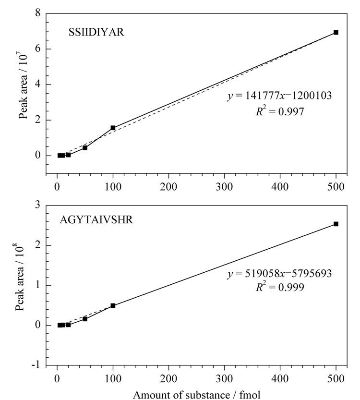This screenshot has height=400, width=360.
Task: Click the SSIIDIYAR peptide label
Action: coord(96,32)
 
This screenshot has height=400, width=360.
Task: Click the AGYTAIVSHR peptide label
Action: coord(96,219)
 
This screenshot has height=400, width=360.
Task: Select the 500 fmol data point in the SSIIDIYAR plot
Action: coord(336,32)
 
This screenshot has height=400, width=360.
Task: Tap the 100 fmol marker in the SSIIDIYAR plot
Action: coord(113,128)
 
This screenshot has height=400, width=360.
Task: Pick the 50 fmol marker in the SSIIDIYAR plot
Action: coord(85,148)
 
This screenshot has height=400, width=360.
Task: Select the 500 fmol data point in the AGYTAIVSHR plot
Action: coord(336,224)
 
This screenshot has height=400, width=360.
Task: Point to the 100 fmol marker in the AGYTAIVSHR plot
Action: coord(113,305)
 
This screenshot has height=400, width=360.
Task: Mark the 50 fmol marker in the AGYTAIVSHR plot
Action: coord(85,319)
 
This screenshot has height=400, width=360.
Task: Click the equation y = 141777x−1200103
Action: coord(279,96)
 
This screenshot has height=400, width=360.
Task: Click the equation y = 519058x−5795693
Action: coord(279,274)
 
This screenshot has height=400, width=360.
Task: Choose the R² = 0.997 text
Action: coord(280,111)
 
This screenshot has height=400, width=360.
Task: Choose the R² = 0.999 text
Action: coord(280,287)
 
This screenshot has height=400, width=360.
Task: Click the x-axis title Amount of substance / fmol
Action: coord(197,395)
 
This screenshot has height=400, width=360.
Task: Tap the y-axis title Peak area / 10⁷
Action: coord(23,85)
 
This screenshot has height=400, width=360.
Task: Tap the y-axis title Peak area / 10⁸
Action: coord(19,277)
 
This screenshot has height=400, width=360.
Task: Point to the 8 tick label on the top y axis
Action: coord(38,13)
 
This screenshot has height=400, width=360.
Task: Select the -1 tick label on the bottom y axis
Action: coord(36,365)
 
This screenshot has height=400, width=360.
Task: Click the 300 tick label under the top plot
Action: coord(224,187)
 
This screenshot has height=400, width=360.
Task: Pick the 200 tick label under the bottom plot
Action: coord(168,378)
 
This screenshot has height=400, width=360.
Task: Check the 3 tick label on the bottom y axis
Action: coord(38,205)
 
